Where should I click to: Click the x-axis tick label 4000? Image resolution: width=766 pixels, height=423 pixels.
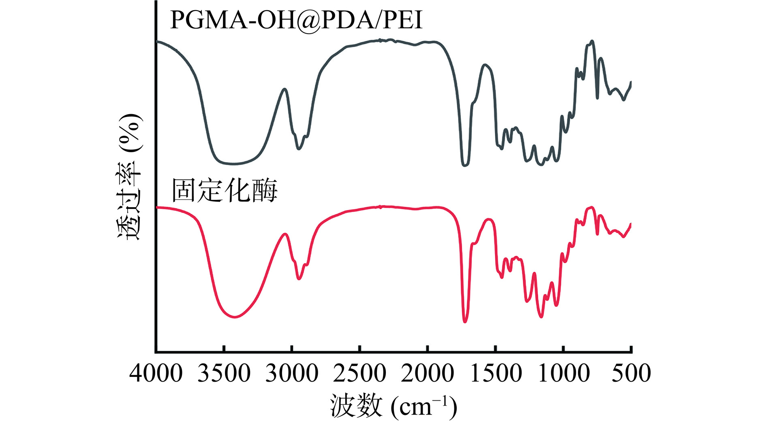(x=156, y=373)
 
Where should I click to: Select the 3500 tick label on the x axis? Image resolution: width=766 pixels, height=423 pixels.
(x=224, y=373)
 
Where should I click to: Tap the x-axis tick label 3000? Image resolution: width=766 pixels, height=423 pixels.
(x=292, y=373)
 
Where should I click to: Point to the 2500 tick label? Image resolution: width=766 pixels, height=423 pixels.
(x=359, y=373)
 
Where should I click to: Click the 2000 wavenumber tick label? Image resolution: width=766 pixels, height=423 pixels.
(x=428, y=373)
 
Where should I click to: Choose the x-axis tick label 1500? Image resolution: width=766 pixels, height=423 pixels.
(x=495, y=373)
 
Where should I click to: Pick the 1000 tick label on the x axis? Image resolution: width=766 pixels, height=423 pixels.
(x=563, y=373)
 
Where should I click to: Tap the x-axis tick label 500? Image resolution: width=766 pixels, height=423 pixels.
(x=631, y=373)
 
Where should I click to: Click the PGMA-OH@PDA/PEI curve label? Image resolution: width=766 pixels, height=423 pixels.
(x=296, y=20)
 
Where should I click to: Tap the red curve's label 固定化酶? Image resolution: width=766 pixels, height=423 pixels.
(x=225, y=190)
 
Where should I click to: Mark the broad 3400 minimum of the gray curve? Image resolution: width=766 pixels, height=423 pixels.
(x=234, y=164)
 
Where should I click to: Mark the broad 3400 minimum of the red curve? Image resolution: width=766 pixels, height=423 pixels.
(x=235, y=317)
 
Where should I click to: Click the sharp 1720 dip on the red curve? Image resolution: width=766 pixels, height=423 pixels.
(x=465, y=322)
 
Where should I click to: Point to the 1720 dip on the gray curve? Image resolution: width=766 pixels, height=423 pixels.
(x=465, y=166)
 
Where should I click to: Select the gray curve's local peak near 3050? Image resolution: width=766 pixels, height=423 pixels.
(x=285, y=89)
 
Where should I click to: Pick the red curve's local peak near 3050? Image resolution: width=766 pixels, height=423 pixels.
(x=285, y=234)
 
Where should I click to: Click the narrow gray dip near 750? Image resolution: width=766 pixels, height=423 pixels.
(x=597, y=98)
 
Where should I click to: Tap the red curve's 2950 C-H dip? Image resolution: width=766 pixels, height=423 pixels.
(x=299, y=279)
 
